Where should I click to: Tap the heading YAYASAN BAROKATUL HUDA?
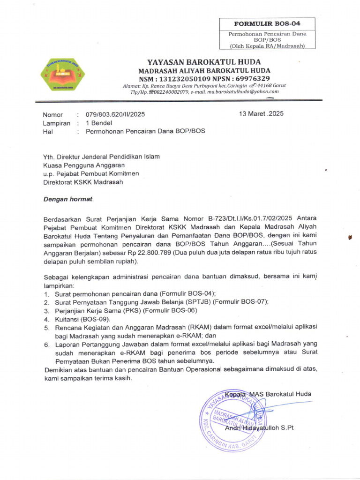[204, 62]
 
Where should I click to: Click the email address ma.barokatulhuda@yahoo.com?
[243, 92]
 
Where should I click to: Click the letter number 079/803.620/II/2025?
[115, 114]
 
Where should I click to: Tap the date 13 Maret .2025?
[261, 114]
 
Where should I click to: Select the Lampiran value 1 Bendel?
[99, 123]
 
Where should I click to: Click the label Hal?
[48, 132]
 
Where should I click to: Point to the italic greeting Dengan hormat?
[68, 199]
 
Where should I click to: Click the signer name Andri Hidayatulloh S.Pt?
[259, 428]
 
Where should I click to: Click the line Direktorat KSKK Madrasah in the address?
[83, 182]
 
